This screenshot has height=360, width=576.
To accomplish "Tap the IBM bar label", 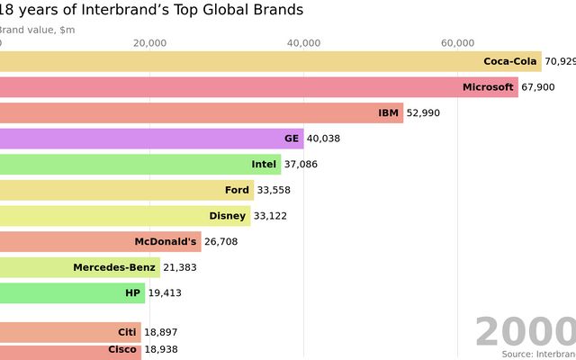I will click(389, 113).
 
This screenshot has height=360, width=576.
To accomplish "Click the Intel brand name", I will click(264, 165).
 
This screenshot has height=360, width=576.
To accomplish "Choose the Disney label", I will click(227, 216).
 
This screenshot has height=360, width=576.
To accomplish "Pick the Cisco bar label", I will click(122, 350).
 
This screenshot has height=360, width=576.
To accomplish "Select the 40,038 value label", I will click(323, 139).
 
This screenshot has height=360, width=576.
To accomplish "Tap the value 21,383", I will click(180, 267).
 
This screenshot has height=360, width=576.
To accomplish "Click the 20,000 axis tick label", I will click(149, 43).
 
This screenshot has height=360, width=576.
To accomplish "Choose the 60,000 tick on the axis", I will click(458, 43).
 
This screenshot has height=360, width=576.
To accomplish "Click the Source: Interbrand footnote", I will click(538, 355).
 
